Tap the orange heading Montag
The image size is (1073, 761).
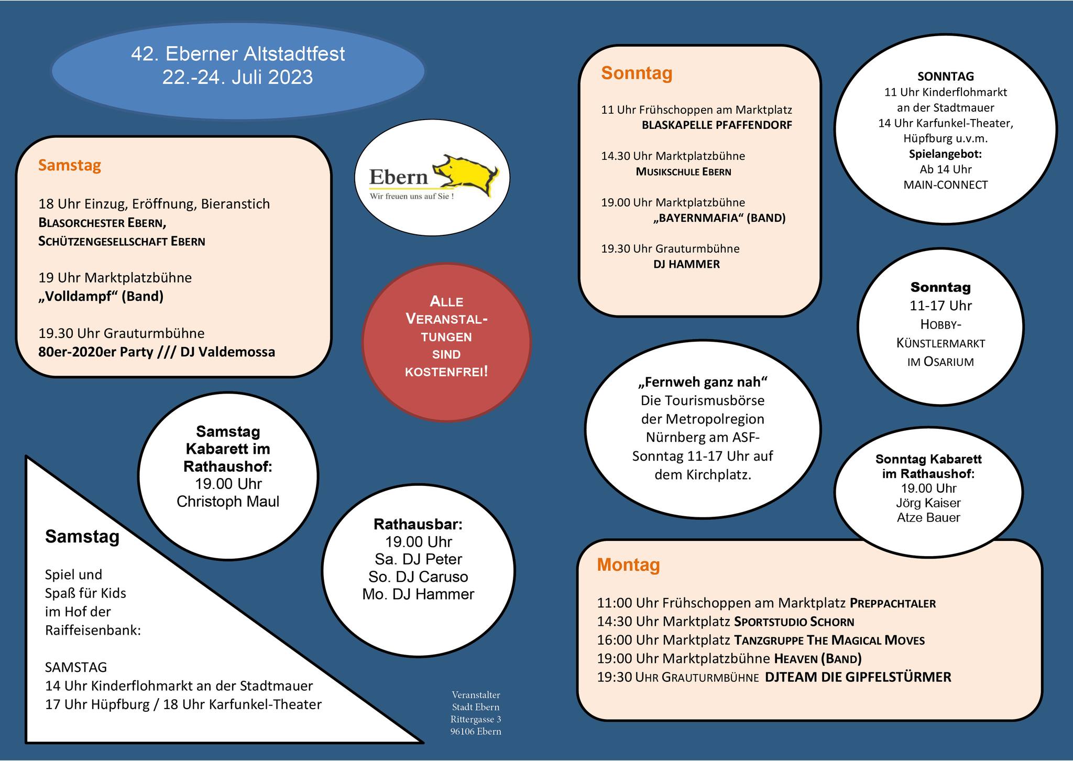[628, 565]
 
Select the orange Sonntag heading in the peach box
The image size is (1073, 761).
[637, 73]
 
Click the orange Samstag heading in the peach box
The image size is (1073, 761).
[70, 166]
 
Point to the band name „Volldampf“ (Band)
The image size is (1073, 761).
[101, 297]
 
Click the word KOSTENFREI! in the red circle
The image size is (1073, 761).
[446, 372]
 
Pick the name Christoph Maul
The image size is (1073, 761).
[228, 502]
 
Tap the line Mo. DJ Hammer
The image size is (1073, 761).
[418, 594]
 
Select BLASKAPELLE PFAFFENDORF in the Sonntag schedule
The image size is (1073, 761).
[717, 125]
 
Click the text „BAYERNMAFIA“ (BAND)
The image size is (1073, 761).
[719, 218]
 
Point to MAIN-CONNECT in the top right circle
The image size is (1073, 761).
[946, 185]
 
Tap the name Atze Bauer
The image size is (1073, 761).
[928, 518]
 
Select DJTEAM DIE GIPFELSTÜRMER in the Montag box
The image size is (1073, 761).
[858, 677]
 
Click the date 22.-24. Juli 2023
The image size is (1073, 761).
[237, 78]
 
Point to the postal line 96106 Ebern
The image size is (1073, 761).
[476, 732]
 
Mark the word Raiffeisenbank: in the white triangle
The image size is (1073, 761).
[93, 630]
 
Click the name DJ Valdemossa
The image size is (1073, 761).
[227, 352]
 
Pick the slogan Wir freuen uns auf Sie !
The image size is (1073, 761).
[412, 197]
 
